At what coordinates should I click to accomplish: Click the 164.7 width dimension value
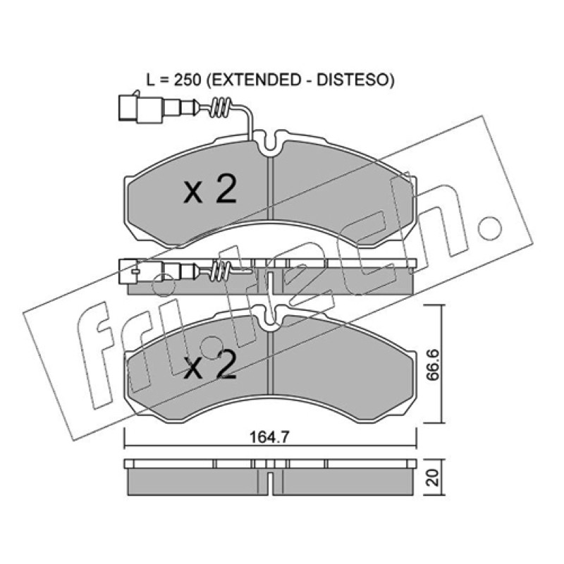tap(269, 437)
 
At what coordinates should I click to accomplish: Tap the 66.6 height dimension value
tap(433, 364)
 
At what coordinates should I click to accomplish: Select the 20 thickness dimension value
tap(434, 477)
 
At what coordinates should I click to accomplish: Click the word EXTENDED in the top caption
tap(256, 80)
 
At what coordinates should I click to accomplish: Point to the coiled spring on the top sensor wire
tap(221, 107)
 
